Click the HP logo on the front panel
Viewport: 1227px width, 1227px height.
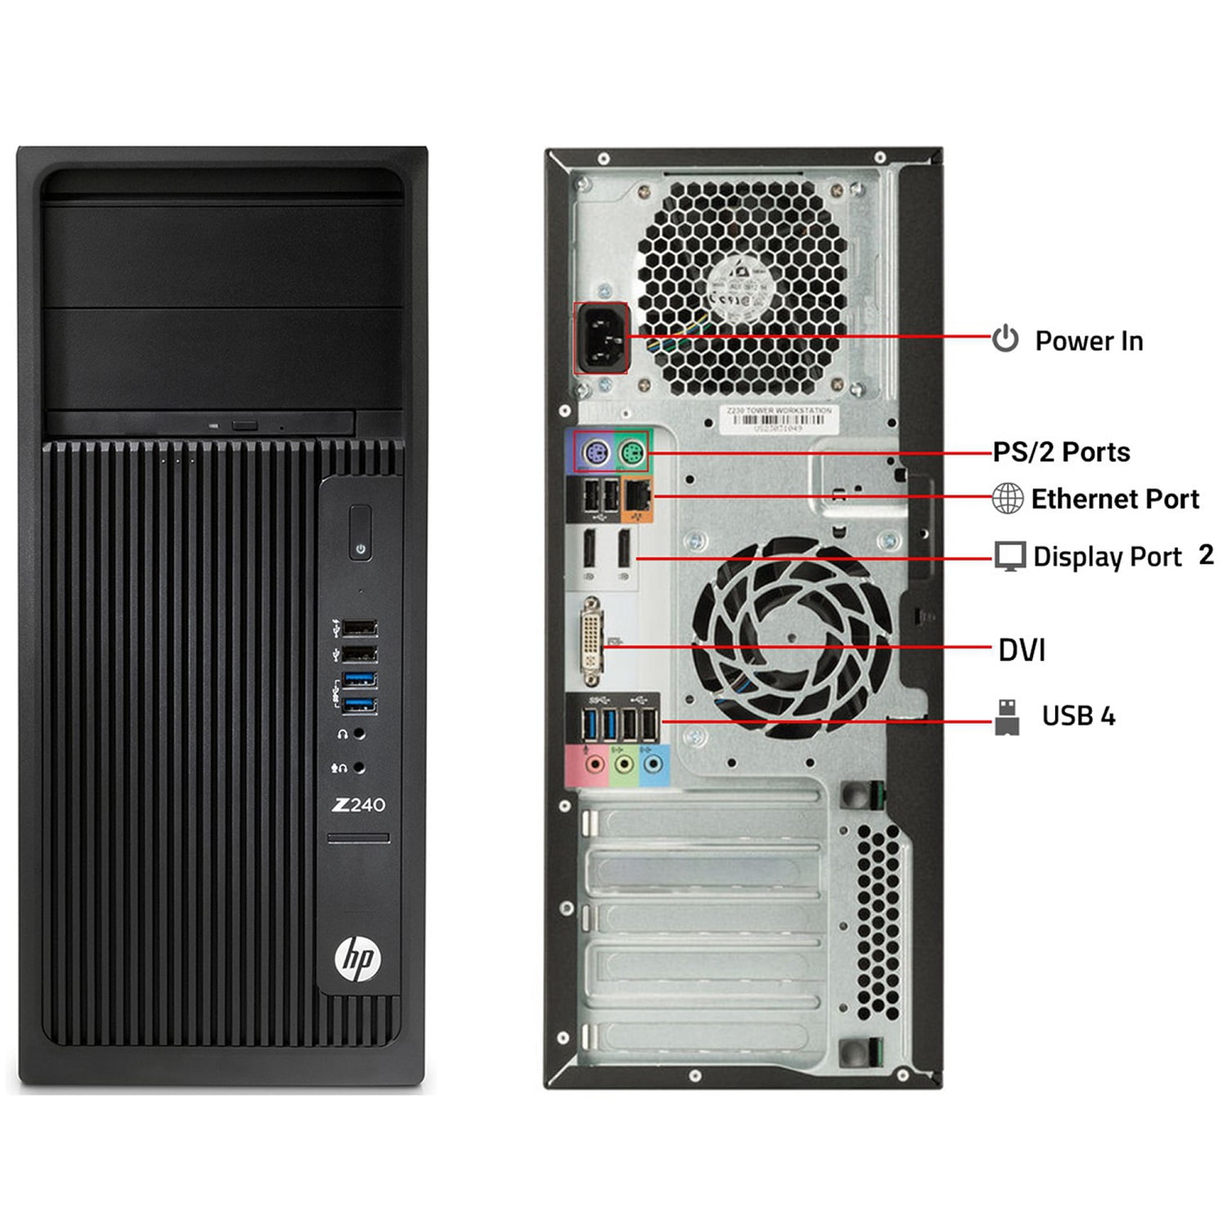tap(358, 958)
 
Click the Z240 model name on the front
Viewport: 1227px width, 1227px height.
tap(358, 805)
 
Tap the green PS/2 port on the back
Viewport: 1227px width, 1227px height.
tap(631, 452)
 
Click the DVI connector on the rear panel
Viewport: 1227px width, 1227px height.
tap(591, 642)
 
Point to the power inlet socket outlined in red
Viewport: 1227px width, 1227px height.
tap(601, 338)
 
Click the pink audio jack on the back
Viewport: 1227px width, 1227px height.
tap(596, 765)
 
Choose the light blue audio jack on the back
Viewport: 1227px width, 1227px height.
tap(652, 765)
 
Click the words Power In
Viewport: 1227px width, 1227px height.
tap(1089, 341)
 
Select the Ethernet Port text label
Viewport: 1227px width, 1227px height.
tap(1115, 499)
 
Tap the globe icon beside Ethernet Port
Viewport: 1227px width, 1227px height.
tap(1007, 498)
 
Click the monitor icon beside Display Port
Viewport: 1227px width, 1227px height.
tap(1010, 556)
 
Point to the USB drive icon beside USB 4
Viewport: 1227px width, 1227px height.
tap(1007, 717)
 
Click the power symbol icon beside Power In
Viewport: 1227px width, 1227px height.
tap(1005, 339)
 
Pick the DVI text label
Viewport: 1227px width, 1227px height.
tap(1022, 650)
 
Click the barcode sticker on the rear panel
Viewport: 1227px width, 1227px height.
tap(778, 419)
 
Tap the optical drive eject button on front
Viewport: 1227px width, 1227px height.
tap(245, 425)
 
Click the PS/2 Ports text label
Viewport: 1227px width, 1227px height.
tap(1061, 452)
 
